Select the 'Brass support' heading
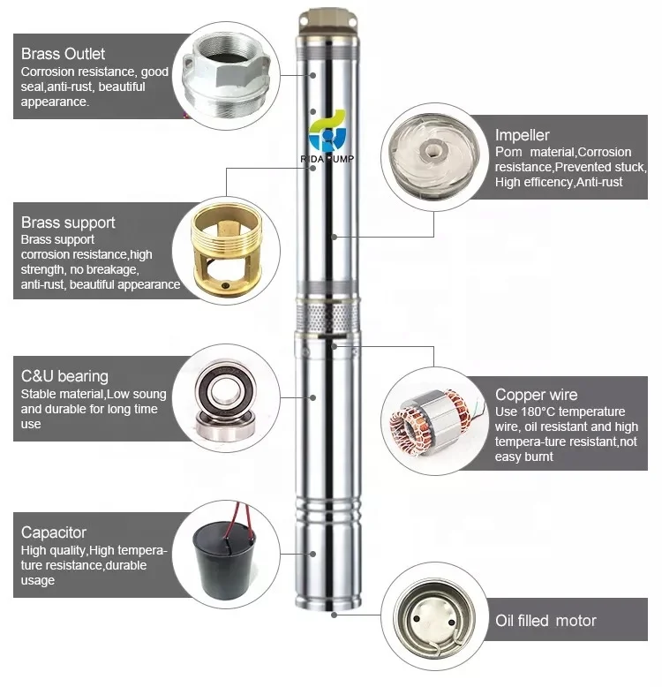tap(68, 223)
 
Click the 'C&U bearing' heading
tap(64, 376)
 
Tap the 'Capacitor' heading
tap(54, 532)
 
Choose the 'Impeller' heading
tap(522, 135)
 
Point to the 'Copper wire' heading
tap(536, 395)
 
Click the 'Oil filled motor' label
tap(545, 621)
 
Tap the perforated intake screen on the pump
tap(329, 313)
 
